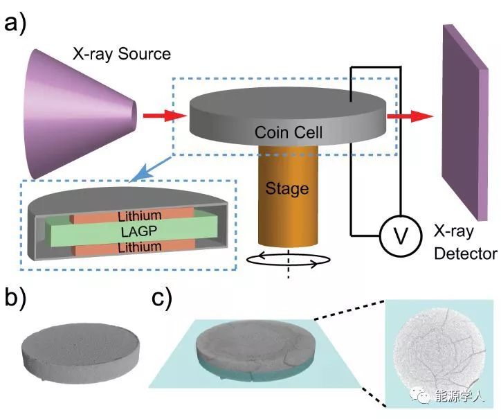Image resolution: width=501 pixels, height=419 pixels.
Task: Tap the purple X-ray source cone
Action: pos(77,114)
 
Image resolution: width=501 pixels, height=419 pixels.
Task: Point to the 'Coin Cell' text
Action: pos(289,132)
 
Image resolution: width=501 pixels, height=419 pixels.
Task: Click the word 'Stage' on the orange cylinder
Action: pos(286,188)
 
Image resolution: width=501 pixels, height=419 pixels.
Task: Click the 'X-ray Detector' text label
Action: pos(464,243)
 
